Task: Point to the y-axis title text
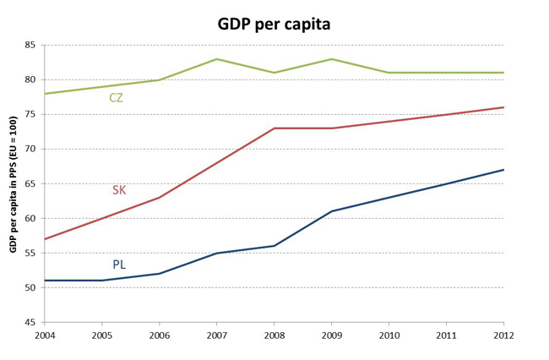click(x=14, y=184)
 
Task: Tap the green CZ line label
click(x=117, y=98)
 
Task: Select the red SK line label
click(x=119, y=190)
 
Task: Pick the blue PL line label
click(x=119, y=265)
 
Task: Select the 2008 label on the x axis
click(x=274, y=335)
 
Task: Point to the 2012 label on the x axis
click(x=503, y=335)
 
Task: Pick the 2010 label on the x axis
click(x=389, y=335)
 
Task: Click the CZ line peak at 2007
click(x=216, y=59)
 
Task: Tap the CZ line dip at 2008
click(x=274, y=73)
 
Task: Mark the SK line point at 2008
click(x=274, y=128)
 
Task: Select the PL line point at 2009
click(x=331, y=211)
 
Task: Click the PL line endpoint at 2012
click(x=503, y=170)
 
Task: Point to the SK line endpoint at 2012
click(x=503, y=107)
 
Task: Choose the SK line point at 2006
click(x=159, y=198)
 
